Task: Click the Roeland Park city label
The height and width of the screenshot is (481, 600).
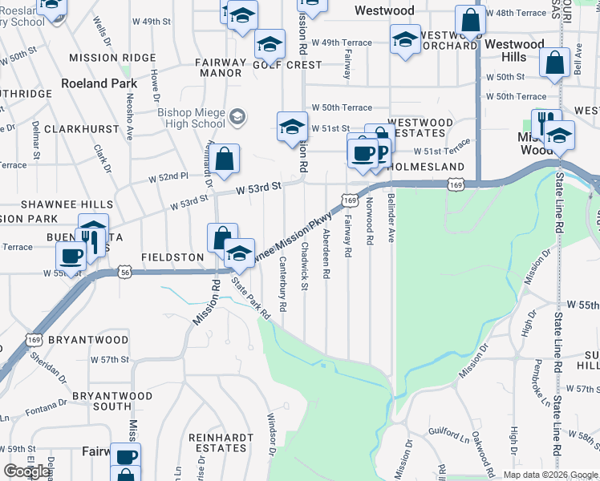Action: pos(99,83)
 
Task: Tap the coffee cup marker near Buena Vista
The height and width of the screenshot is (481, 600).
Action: pos(71,256)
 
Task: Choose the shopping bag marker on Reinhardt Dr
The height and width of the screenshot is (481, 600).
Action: pos(226,159)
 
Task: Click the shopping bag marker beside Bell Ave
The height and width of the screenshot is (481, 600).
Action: pos(554,63)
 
